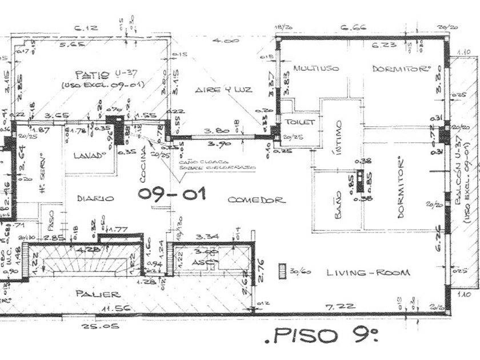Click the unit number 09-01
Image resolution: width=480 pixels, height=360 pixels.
tap(171, 195)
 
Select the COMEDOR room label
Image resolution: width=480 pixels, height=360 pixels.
tap(256, 200)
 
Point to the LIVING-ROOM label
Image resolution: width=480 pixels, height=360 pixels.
tap(368, 273)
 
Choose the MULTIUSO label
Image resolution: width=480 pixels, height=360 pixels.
tap(316, 68)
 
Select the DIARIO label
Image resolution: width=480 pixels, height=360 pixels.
tap(95, 198)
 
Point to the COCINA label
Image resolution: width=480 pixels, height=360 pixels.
tap(143, 161)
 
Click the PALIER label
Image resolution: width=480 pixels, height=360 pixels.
tap(98, 294)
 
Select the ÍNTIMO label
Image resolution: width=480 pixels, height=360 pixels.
tap(338, 137)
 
